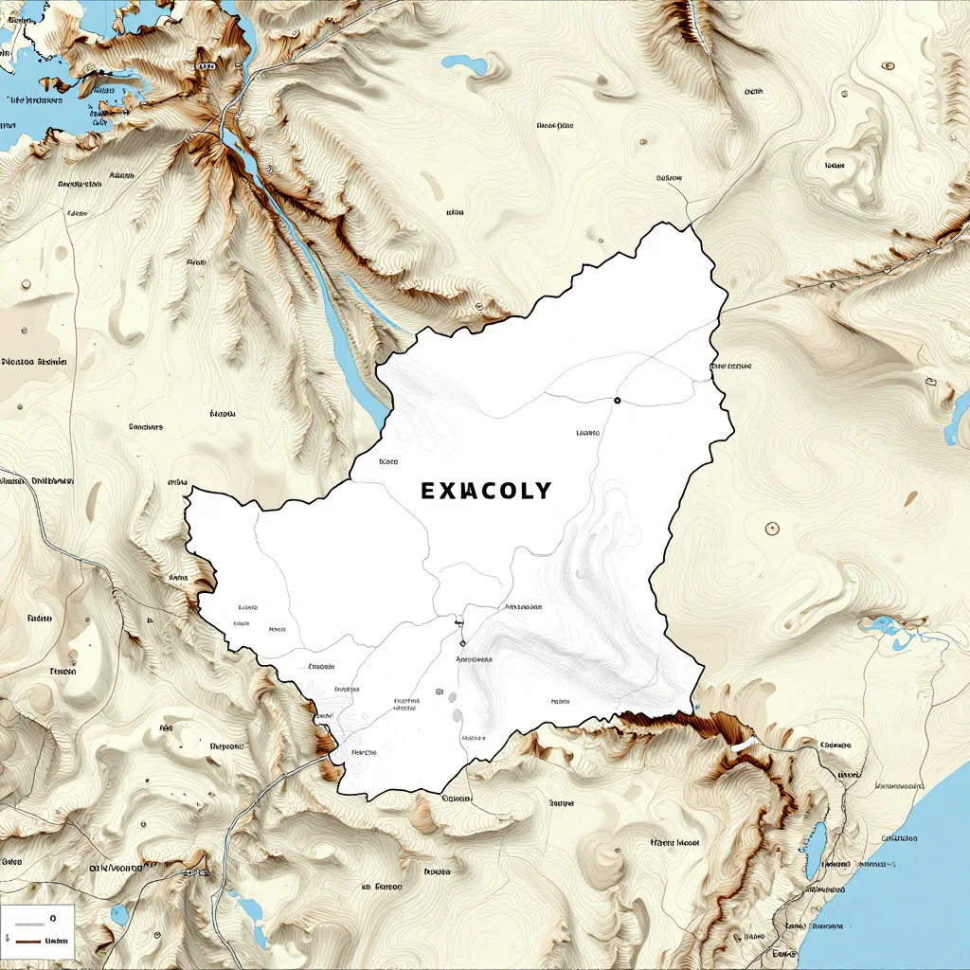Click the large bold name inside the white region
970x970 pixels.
coord(485,491)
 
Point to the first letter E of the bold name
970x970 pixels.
coord(427,491)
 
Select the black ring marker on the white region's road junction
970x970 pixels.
coord(617,401)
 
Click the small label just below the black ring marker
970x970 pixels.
coord(587,433)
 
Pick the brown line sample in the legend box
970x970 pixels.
coord(28,941)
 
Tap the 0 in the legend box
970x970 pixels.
coord(53,918)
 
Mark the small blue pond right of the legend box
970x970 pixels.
coord(119,915)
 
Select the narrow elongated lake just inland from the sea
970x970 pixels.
coord(814,850)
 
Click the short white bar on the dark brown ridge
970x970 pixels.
coord(744,745)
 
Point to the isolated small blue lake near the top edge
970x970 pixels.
coord(465,64)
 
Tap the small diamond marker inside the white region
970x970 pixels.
coord(462,643)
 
